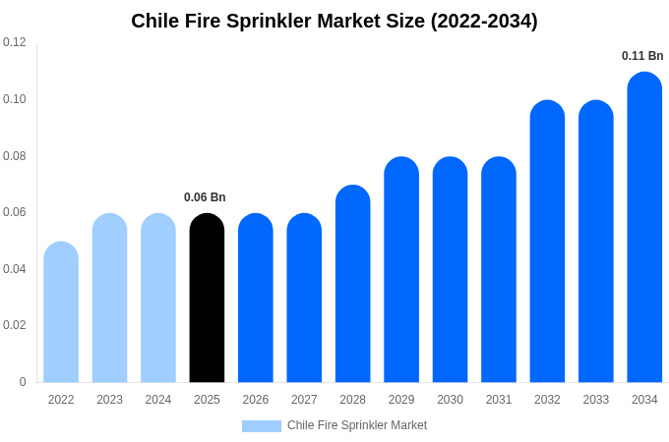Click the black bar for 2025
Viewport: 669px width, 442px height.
tap(207, 300)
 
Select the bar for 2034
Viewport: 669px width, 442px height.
tap(644, 228)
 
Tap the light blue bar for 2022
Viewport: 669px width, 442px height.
tap(61, 312)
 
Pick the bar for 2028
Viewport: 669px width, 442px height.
tap(352, 285)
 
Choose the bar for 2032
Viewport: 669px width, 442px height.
tap(547, 243)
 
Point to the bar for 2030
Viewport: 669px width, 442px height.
tap(450, 270)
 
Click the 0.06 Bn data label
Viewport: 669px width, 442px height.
tap(205, 197)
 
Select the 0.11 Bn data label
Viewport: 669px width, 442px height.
tap(642, 56)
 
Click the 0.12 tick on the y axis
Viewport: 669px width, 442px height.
tap(15, 42)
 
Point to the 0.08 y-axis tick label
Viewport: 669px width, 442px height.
tap(15, 155)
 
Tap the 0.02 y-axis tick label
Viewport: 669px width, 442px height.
tap(15, 325)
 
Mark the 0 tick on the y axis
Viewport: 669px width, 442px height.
tap(23, 382)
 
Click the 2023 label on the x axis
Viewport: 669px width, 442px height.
tap(109, 400)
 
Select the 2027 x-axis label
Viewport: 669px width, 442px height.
tap(304, 400)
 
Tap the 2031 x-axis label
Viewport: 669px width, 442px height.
tap(499, 400)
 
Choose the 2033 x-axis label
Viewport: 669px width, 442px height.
tap(596, 400)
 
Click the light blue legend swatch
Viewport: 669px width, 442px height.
tap(262, 425)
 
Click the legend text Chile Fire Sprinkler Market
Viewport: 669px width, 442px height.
tap(357, 425)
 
